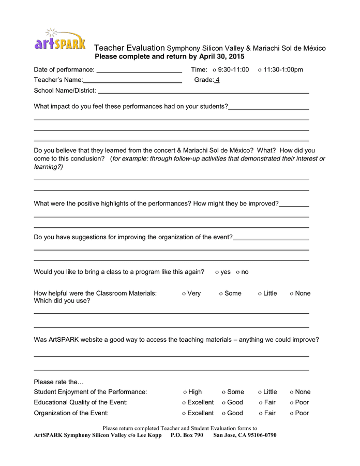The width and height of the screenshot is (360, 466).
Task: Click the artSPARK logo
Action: pos(60,40)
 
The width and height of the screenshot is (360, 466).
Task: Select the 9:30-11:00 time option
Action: pos(215,70)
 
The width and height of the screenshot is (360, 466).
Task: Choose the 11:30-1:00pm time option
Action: pos(260,70)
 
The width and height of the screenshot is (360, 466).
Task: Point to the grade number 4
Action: pos(217,80)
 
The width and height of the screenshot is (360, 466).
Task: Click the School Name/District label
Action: pos(65,91)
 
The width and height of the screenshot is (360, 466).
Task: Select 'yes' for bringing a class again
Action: pos(217,272)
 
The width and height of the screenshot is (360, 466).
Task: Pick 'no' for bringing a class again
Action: pos(238,272)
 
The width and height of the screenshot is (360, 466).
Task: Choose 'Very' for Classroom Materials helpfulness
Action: pos(184,294)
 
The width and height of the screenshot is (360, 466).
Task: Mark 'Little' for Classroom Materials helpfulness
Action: pos(260,294)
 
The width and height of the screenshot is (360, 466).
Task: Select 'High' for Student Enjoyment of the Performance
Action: pos(185,392)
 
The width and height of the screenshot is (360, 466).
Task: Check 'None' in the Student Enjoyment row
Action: pos(292,392)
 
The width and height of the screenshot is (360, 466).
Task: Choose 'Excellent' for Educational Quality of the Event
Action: pos(184,403)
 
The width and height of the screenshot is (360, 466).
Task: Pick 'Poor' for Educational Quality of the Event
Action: pos(292,403)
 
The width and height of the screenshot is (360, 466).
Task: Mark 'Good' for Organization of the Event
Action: pos(224,414)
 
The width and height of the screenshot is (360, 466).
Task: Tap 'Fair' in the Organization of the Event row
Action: pos(261,414)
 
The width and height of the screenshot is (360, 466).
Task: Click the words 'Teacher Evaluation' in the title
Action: pos(129,48)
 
